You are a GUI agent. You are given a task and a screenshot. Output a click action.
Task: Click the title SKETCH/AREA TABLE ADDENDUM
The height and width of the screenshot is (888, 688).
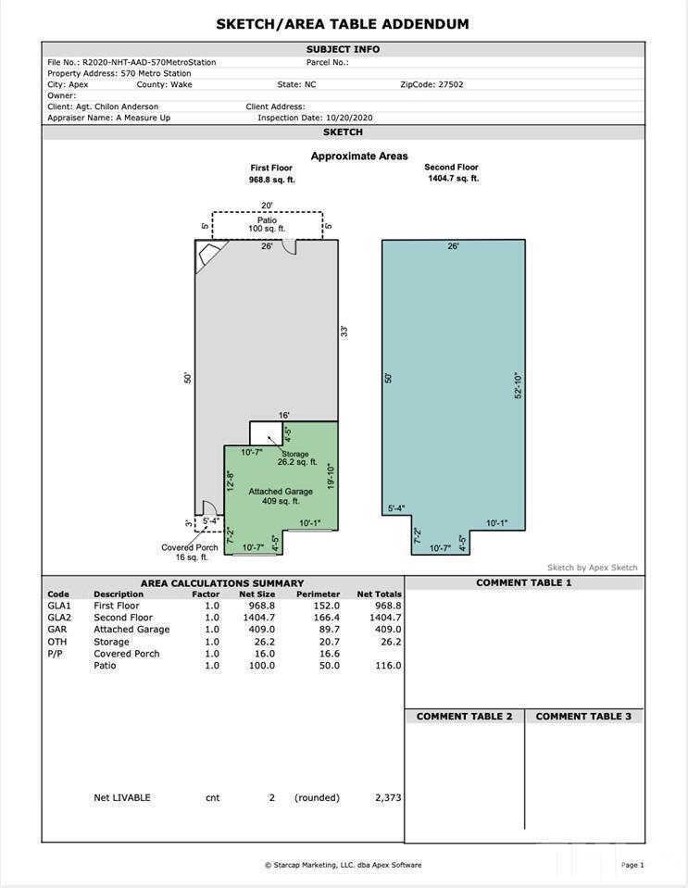[x=343, y=24]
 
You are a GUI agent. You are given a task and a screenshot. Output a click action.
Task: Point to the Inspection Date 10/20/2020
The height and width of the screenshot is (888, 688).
[x=349, y=118]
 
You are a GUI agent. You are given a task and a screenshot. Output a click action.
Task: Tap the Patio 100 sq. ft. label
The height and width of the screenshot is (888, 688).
[x=267, y=224]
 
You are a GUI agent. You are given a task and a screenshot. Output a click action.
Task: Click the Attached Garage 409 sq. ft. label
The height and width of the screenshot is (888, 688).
[x=281, y=496]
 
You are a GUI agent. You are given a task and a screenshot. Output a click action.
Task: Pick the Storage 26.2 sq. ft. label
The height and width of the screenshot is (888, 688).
[x=296, y=457]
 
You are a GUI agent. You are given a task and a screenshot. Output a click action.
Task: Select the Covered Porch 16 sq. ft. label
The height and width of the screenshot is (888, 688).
[x=190, y=552]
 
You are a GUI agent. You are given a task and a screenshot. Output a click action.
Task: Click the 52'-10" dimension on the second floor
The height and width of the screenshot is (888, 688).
[x=518, y=386]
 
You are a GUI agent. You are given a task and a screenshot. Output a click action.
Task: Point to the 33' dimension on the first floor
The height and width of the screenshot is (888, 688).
[x=344, y=331]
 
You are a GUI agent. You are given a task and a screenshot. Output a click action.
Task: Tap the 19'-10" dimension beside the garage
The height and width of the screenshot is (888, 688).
[x=331, y=477]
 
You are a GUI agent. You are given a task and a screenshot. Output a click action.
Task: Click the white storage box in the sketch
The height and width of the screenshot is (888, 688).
[x=266, y=433]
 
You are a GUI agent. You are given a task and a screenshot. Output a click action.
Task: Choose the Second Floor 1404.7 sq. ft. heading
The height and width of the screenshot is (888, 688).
[x=453, y=172]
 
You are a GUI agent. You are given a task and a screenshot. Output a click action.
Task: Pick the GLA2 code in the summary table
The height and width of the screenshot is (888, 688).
[x=59, y=618]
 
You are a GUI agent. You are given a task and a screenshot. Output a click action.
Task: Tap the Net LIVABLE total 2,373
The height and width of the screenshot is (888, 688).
[x=388, y=797]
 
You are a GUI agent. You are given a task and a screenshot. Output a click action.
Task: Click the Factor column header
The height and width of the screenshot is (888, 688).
[x=206, y=594]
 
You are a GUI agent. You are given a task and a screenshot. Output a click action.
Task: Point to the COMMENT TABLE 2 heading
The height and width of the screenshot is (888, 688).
[x=464, y=717]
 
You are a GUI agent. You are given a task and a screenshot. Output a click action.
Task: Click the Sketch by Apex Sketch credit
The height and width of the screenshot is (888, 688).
[x=593, y=568]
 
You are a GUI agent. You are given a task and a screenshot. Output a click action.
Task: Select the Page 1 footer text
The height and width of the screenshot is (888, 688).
[x=632, y=865]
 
